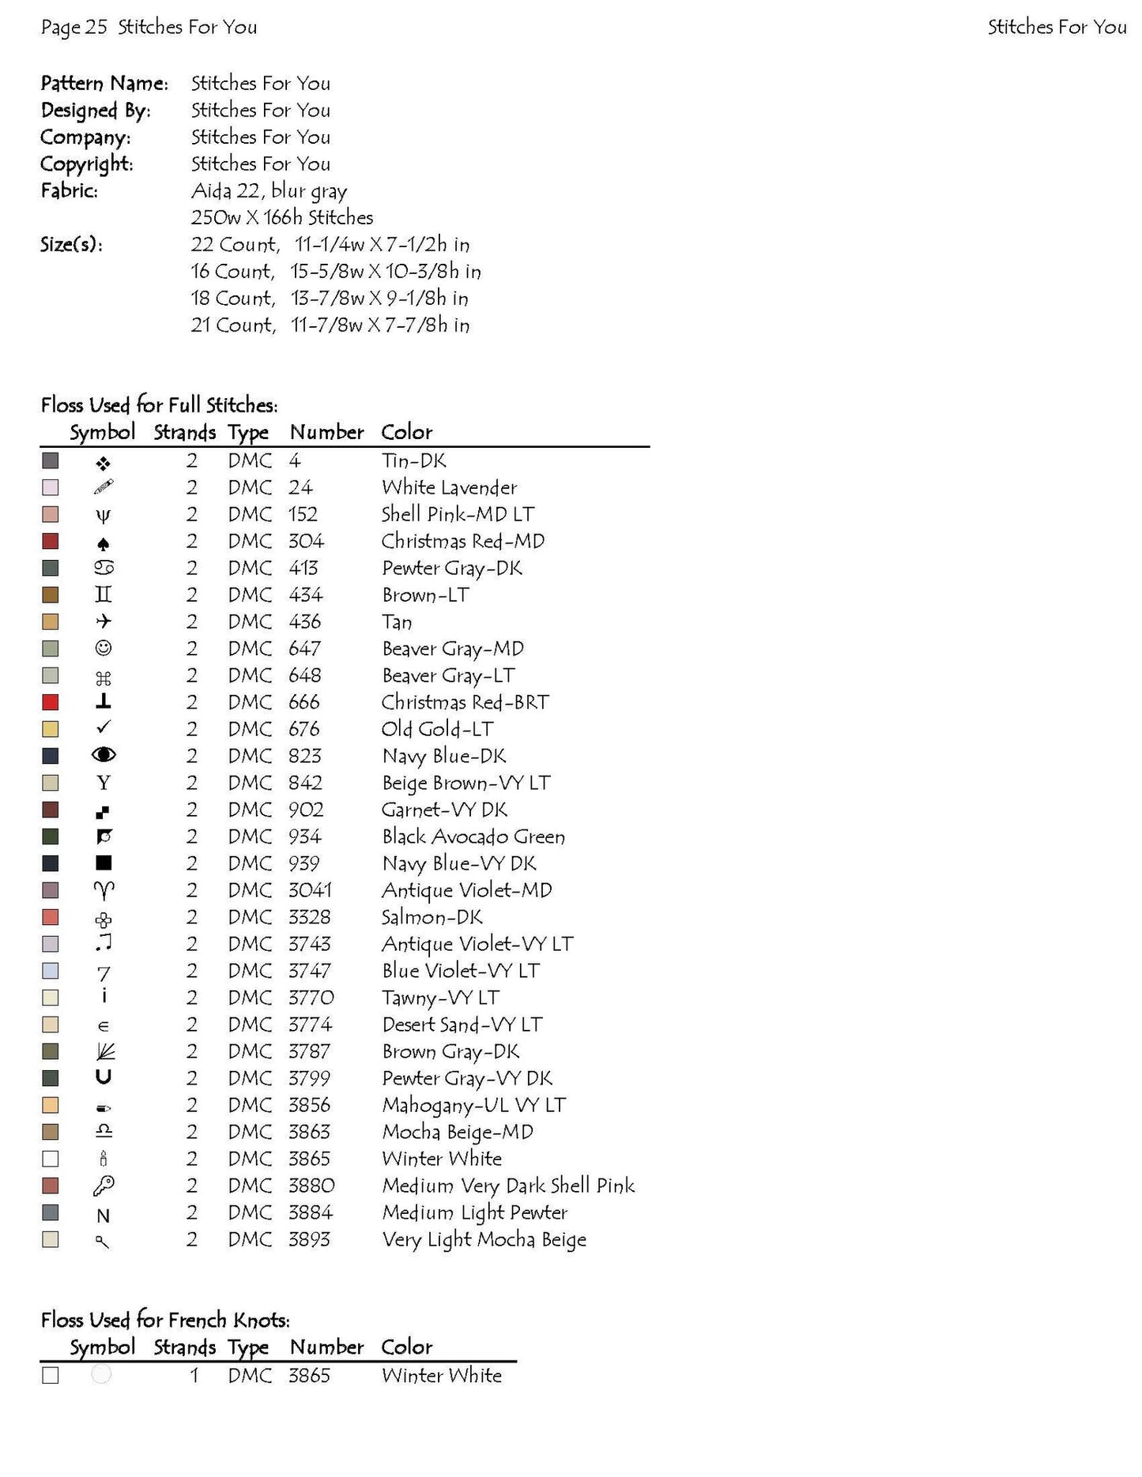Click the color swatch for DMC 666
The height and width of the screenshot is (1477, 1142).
click(x=51, y=702)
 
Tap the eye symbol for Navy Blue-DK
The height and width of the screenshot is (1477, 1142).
click(x=104, y=755)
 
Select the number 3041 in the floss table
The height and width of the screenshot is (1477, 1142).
click(x=310, y=890)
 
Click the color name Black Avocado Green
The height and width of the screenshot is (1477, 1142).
click(x=473, y=836)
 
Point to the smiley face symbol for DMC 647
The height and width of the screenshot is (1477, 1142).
click(x=104, y=648)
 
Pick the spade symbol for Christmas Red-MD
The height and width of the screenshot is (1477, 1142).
click(x=104, y=543)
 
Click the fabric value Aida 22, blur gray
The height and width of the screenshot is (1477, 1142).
click(x=269, y=191)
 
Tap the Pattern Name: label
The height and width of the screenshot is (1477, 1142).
click(x=104, y=84)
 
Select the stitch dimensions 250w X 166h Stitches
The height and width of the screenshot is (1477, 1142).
click(x=282, y=218)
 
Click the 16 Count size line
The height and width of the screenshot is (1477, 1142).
click(x=335, y=272)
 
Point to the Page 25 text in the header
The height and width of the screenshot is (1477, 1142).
click(x=73, y=28)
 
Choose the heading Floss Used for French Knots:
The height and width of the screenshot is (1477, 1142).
click(x=165, y=1320)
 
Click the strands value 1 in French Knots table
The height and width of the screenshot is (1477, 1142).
click(x=194, y=1376)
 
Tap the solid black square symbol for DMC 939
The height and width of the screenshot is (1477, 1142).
click(x=104, y=863)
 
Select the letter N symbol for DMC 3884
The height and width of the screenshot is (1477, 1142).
click(x=104, y=1216)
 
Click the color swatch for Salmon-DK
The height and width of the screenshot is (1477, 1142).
click(x=51, y=917)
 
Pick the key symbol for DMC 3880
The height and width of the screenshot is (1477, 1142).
click(x=104, y=1186)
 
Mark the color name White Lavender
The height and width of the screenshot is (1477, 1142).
click(x=449, y=488)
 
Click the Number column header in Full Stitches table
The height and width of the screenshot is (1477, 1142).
click(x=326, y=433)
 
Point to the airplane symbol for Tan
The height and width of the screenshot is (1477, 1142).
click(x=104, y=622)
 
